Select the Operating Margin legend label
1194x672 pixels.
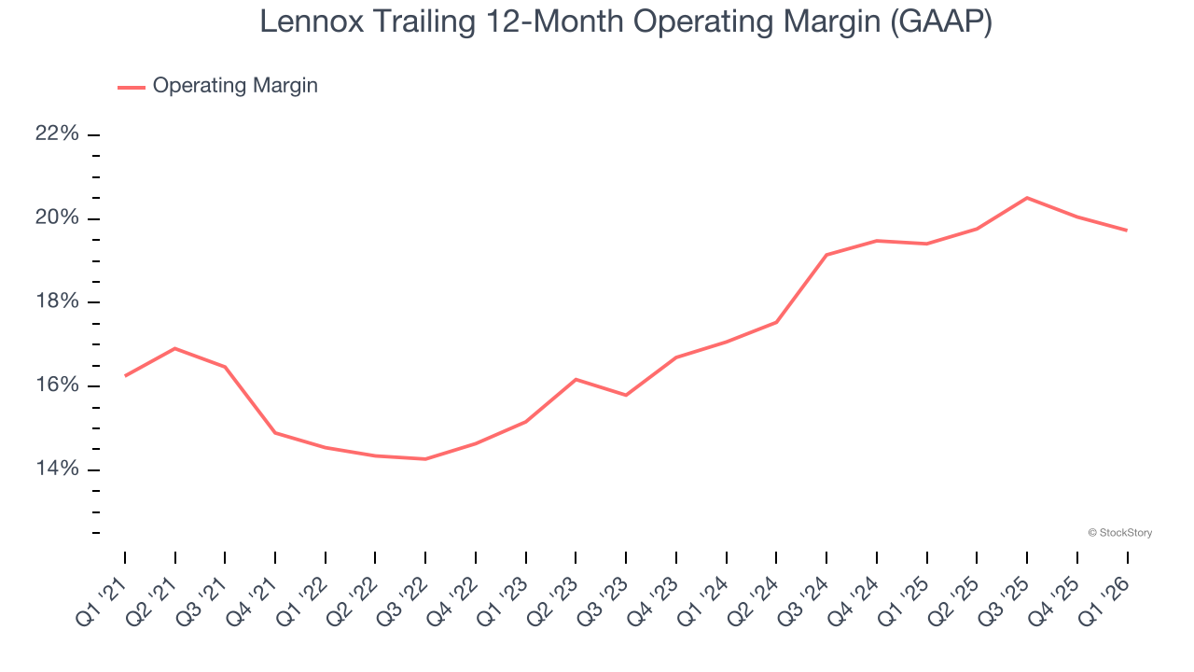point(235,86)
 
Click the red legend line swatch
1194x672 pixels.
point(132,87)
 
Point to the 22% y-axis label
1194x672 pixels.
point(57,134)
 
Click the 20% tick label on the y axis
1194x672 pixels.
point(57,218)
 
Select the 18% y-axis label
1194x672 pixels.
point(57,301)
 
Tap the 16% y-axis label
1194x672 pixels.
point(57,385)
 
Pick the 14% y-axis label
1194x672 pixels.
point(57,469)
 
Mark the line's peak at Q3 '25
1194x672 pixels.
point(1027,198)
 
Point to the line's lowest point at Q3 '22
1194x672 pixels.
point(425,459)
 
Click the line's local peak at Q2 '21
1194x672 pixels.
point(175,348)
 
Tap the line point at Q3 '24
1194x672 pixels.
point(826,255)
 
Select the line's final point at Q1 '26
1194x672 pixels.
point(1127,231)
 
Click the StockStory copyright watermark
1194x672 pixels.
point(1119,533)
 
